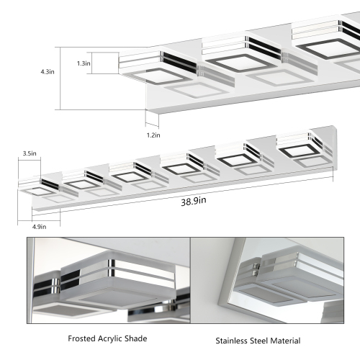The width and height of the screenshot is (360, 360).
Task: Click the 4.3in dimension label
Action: point(47,73)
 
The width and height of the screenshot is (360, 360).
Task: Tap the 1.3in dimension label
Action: point(104,63)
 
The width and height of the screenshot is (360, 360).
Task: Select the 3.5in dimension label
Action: point(30,153)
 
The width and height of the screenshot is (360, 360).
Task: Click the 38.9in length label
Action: point(194,201)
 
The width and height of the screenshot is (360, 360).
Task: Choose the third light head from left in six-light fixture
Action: point(131,173)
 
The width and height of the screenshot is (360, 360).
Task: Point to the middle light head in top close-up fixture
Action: point(238,54)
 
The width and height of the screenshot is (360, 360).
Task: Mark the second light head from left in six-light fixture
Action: point(84,179)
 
